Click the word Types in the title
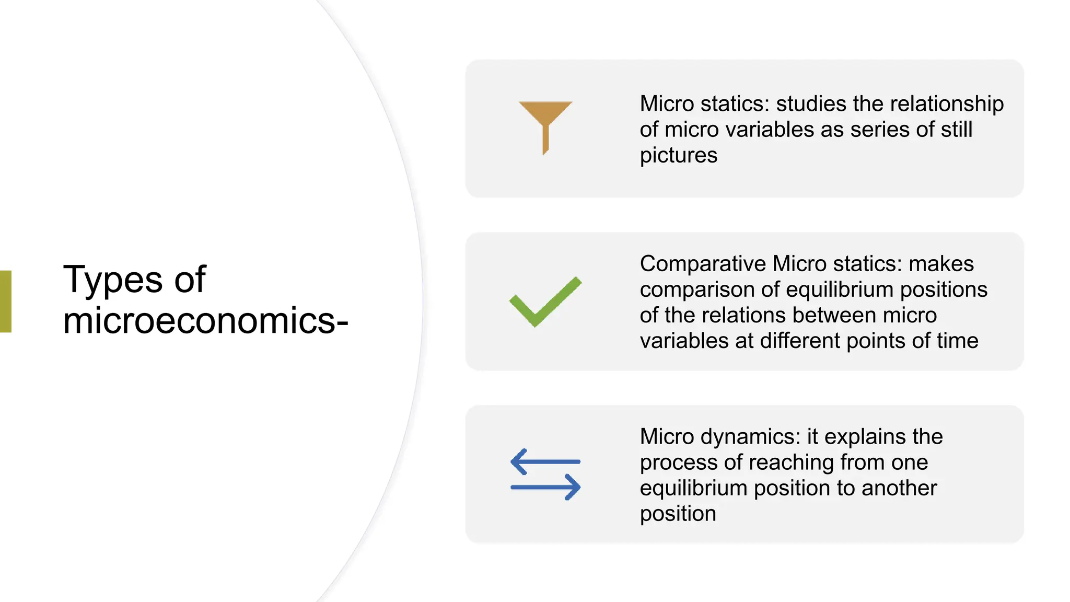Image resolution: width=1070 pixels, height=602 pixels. [113, 280]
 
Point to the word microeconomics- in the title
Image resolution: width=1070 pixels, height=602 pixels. [205, 320]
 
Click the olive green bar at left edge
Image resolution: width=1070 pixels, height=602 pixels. [5, 302]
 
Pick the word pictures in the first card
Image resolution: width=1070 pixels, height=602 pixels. [678, 155]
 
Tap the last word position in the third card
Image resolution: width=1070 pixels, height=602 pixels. [678, 514]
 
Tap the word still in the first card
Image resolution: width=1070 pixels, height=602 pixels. [956, 130]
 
